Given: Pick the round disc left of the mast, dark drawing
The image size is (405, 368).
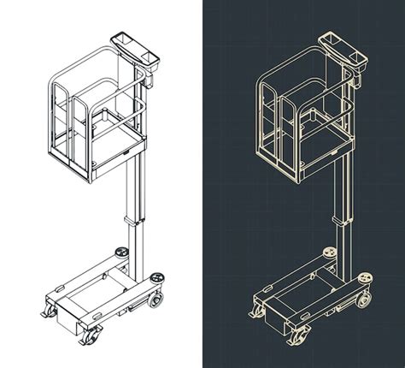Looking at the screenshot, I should tap(330, 252).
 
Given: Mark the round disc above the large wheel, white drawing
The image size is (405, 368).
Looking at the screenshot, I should tap(157, 276).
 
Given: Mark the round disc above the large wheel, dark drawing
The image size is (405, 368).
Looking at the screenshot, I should tap(365, 277).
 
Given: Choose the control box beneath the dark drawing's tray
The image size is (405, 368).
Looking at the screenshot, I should tap(358, 79).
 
